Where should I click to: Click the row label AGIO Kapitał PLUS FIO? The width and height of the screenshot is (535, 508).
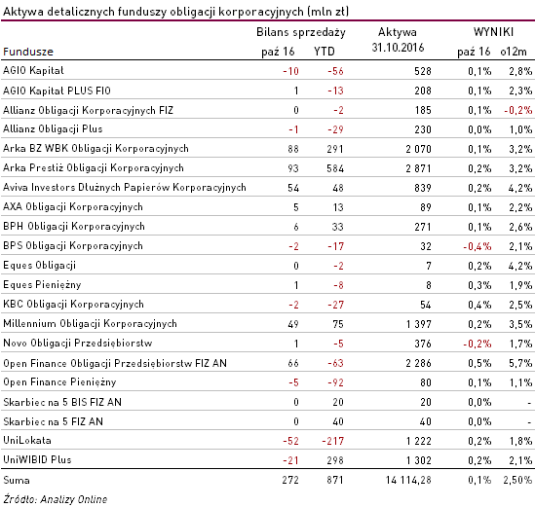[x=57, y=91]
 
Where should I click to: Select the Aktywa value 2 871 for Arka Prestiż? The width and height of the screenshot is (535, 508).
[x=418, y=168]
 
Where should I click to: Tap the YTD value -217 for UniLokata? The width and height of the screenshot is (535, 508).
[x=332, y=441]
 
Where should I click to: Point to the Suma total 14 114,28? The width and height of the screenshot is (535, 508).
[x=408, y=480]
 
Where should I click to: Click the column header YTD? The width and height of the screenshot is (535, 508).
[x=325, y=52]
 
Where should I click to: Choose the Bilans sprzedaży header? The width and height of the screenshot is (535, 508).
[x=301, y=32]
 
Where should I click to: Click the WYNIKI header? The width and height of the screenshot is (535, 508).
[x=493, y=32]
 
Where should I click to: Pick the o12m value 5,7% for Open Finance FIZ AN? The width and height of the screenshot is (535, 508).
[x=520, y=363]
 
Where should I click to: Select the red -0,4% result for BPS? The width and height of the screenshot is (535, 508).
[x=477, y=246]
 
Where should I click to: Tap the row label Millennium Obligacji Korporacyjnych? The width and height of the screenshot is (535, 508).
[x=90, y=324]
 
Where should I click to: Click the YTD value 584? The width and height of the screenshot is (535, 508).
[x=335, y=168]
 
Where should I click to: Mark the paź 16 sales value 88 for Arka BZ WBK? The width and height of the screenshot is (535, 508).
[x=293, y=149]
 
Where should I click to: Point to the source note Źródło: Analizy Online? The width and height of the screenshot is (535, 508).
[x=56, y=499]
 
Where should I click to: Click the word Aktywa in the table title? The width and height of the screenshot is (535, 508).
[x=23, y=12]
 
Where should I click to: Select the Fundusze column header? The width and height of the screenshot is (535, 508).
[x=28, y=52]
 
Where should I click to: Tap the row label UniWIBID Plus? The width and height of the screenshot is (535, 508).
[x=37, y=460]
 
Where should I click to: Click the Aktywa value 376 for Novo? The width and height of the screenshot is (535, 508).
[x=423, y=344]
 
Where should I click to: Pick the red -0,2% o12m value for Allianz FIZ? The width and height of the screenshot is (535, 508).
[x=517, y=110]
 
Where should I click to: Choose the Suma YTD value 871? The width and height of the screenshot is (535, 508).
[x=335, y=480]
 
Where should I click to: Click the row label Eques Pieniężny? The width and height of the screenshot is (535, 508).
[x=42, y=285]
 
